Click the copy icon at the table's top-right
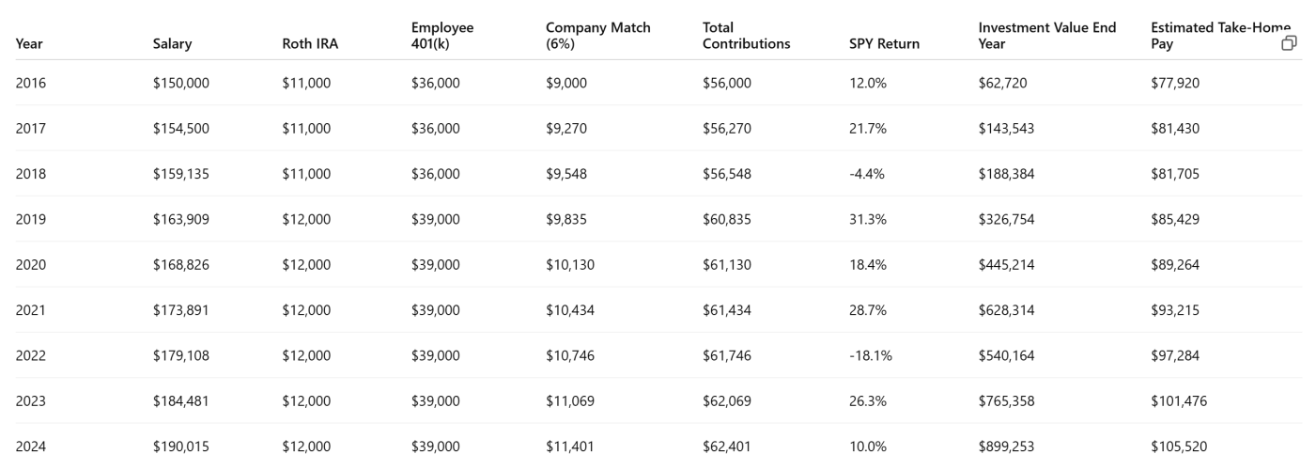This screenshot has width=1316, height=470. click(1289, 43)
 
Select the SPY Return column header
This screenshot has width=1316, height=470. click(884, 43)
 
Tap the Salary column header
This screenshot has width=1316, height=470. click(172, 43)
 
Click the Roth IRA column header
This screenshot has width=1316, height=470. click(310, 43)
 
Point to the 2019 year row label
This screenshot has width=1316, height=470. click(31, 219)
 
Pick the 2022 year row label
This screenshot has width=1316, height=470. click(31, 356)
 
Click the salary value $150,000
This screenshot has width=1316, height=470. click(181, 83)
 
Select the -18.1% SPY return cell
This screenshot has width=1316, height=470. click(870, 356)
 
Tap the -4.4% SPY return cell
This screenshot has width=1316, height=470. click(867, 174)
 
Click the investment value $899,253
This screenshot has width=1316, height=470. click(1006, 446)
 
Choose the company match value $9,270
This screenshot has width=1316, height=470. click(565, 128)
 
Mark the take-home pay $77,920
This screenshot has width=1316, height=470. click(1175, 83)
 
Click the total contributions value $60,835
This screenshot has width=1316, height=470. click(727, 219)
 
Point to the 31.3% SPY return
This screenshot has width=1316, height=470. click(867, 219)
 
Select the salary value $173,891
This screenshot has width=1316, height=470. click(180, 310)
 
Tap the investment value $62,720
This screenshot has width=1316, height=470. click(1002, 83)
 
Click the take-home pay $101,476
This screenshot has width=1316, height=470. click(1179, 401)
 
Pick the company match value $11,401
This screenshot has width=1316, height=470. click(570, 446)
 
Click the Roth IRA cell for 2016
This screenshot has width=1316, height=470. click(306, 83)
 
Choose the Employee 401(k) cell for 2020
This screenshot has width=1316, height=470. click(435, 265)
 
